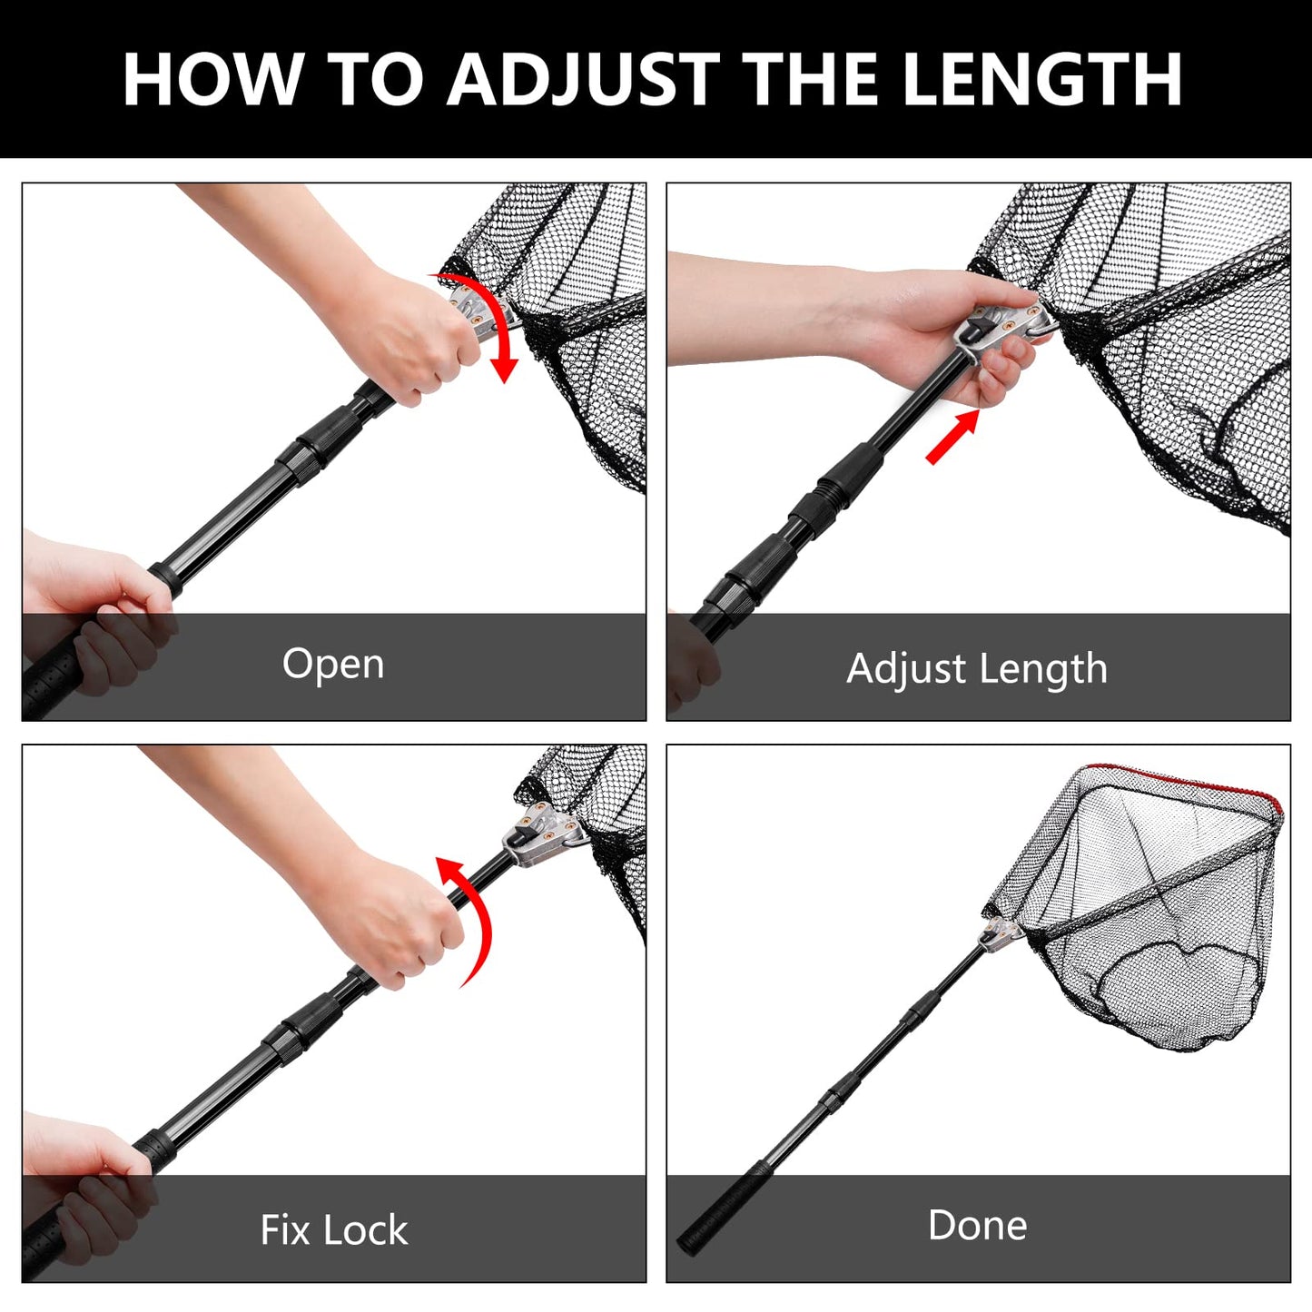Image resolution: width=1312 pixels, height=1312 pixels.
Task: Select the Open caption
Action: (x=333, y=664)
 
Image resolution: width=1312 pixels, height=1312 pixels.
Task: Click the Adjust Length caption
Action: (x=977, y=669)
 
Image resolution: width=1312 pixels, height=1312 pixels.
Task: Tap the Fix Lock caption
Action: (x=333, y=1230)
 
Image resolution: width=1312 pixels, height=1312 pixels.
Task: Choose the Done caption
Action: (x=977, y=1225)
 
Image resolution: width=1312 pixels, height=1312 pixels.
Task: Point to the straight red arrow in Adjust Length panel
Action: (x=952, y=437)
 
